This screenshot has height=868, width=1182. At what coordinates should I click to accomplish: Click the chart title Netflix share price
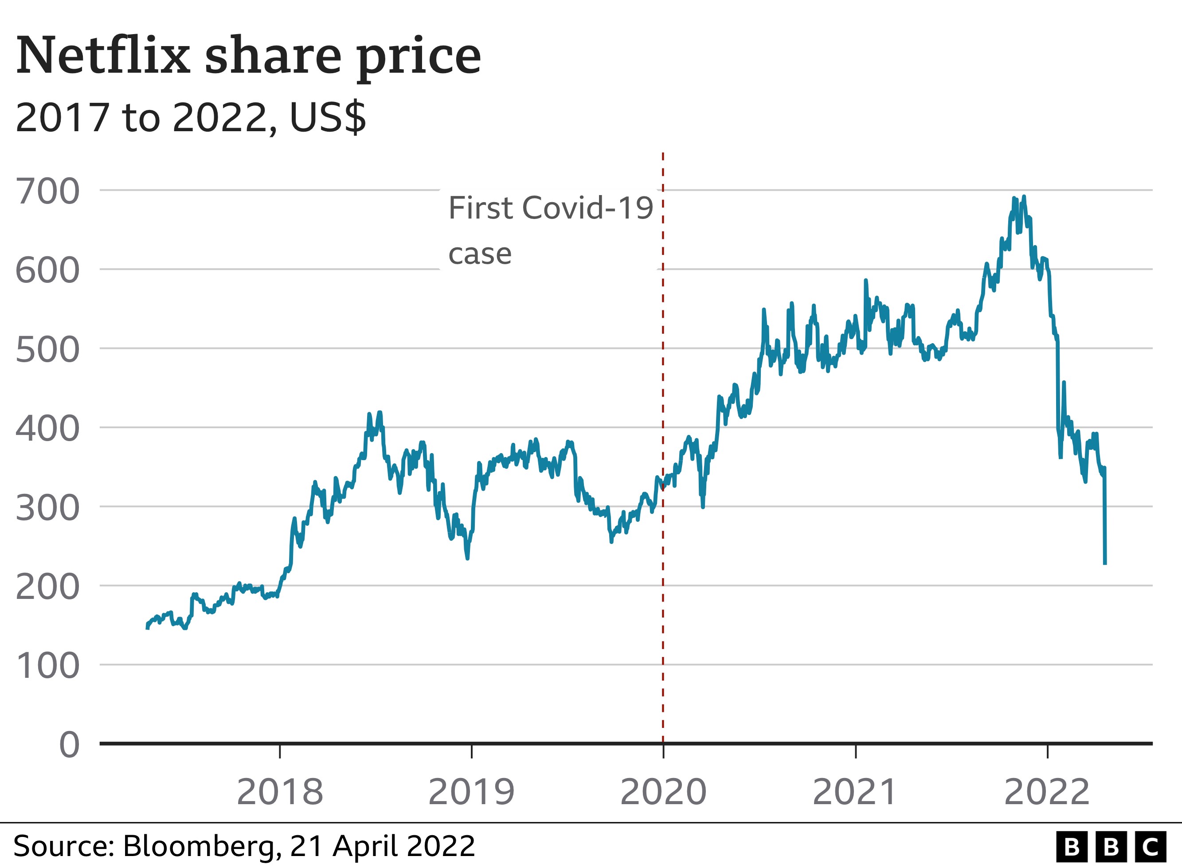[x=248, y=56]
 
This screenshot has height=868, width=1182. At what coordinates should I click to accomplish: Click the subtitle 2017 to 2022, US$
[x=191, y=117]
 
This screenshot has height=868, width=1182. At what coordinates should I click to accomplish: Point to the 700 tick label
[x=48, y=191]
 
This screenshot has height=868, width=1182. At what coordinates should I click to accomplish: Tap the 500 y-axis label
[x=48, y=350]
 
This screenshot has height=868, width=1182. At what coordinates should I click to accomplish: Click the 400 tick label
[x=48, y=429]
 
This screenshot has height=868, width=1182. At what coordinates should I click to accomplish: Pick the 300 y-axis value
[x=48, y=508]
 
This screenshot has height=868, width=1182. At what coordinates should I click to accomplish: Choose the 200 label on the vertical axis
[x=48, y=587]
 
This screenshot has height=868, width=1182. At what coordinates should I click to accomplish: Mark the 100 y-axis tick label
[x=48, y=666]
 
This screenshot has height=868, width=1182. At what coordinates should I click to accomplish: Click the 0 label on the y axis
[x=69, y=745]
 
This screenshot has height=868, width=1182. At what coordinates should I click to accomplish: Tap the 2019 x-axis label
[x=471, y=792]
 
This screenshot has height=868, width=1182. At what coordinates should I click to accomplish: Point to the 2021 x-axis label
[x=855, y=792]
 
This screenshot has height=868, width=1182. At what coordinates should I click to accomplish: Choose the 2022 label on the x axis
[x=1047, y=792]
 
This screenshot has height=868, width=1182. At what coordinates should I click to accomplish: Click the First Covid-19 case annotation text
[x=550, y=230]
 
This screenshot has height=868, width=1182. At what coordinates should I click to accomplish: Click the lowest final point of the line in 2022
[x=1105, y=563]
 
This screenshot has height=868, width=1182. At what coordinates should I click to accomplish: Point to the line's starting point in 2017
[x=147, y=627]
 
